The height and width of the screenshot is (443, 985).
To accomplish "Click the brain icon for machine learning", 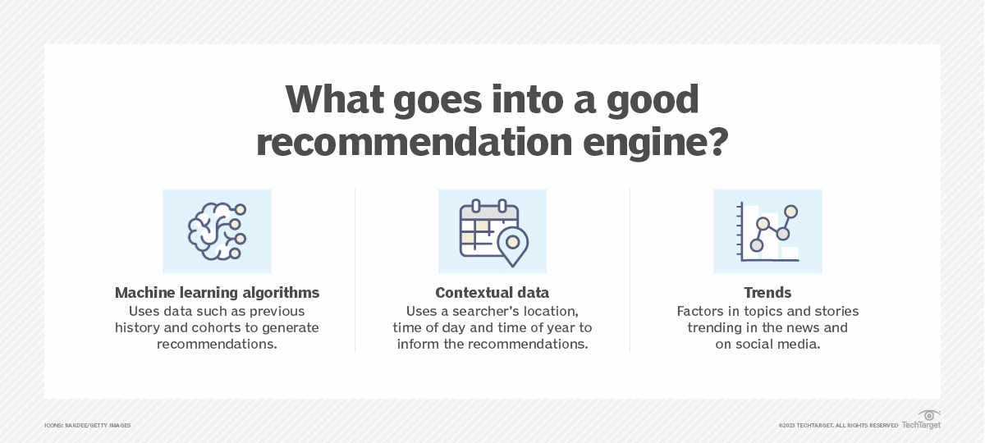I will coord(217,231).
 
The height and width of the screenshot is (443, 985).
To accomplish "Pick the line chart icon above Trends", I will coord(767,231).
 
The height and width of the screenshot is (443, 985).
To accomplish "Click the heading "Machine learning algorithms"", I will coord(217,293).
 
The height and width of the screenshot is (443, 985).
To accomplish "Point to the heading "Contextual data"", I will coord(492,293).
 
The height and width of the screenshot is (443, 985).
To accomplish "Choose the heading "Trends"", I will coord(767,293).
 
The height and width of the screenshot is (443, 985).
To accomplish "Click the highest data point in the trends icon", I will coord(790,211).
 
